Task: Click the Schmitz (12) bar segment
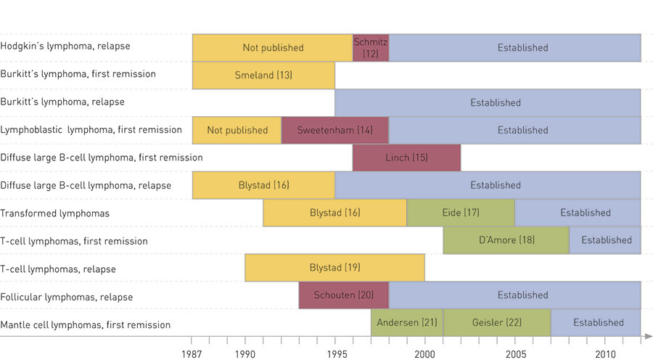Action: [371, 48]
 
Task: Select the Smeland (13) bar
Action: [263, 75]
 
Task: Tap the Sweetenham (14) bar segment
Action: [334, 131]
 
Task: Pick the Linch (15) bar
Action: [406, 157]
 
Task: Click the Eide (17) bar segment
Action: [461, 213]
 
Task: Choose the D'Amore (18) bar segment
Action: [506, 240]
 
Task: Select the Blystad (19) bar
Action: [334, 268]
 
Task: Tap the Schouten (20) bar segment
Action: [344, 295]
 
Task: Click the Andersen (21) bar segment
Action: [407, 323]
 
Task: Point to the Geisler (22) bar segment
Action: [497, 323]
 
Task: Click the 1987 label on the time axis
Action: [192, 353]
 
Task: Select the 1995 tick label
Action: [335, 353]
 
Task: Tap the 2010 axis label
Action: [605, 353]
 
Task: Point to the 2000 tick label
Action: [425, 353]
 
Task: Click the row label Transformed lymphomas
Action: [55, 213]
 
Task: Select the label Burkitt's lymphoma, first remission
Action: [78, 75]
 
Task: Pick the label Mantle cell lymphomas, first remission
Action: [86, 324]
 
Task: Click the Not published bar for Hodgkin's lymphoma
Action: [273, 48]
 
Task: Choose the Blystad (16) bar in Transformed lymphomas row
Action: [334, 213]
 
